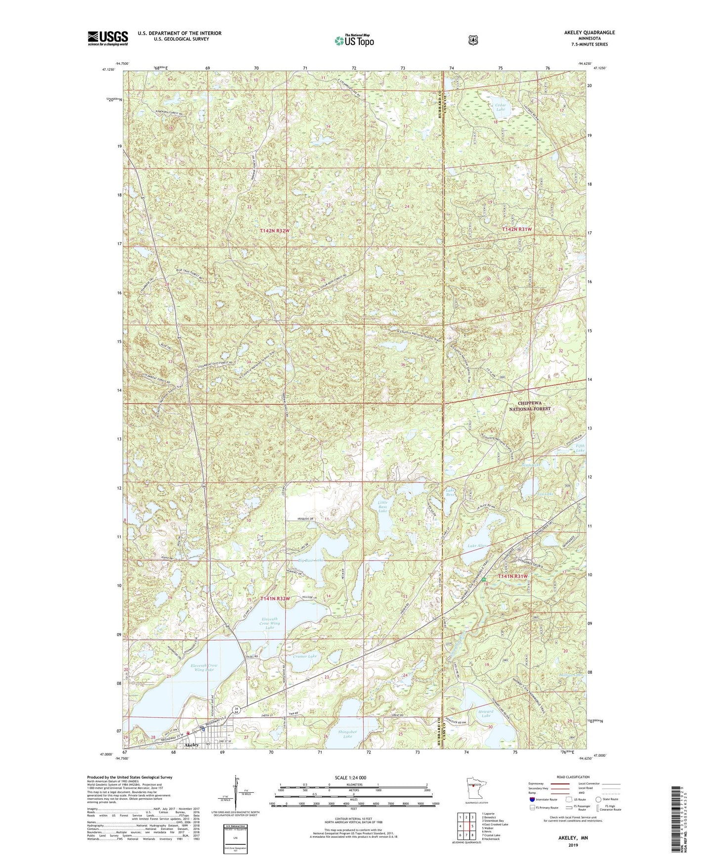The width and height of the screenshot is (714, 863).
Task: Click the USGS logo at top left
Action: pyautogui.click(x=108, y=38)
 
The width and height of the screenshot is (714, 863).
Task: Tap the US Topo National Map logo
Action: pyautogui.click(x=353, y=41)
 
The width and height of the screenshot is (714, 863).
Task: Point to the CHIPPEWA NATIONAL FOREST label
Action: pyautogui.click(x=530, y=406)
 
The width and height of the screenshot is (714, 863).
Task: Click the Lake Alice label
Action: pyautogui.click(x=477, y=546)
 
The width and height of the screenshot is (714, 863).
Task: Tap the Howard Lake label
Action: pyautogui.click(x=486, y=713)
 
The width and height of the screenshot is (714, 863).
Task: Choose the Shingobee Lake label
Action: pyautogui.click(x=347, y=734)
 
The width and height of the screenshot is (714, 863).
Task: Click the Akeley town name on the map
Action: pyautogui.click(x=192, y=744)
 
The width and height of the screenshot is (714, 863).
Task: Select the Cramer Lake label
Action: pyautogui.click(x=304, y=656)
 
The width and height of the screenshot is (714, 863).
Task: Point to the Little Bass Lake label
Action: pyautogui.click(x=383, y=506)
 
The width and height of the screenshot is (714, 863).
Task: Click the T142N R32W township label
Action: pyautogui.click(x=275, y=231)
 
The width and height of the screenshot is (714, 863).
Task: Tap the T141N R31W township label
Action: pyautogui.click(x=513, y=576)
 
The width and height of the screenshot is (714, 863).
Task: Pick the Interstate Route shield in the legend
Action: pyautogui.click(x=532, y=799)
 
